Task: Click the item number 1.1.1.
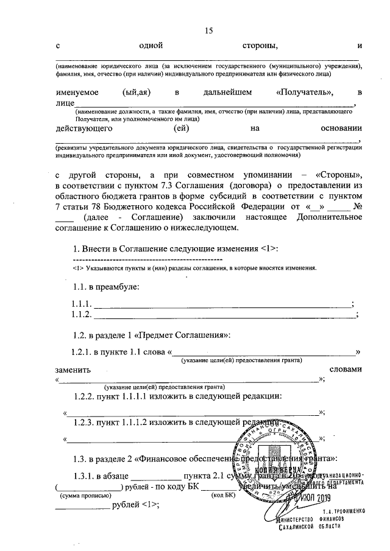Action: pyautogui.click(x=82, y=304)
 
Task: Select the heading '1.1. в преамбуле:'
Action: pyautogui.click(x=106, y=286)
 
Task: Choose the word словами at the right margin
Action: pyautogui.click(x=345, y=370)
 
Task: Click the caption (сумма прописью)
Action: pyautogui.click(x=78, y=496)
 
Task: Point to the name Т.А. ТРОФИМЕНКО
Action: pyautogui.click(x=343, y=510)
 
